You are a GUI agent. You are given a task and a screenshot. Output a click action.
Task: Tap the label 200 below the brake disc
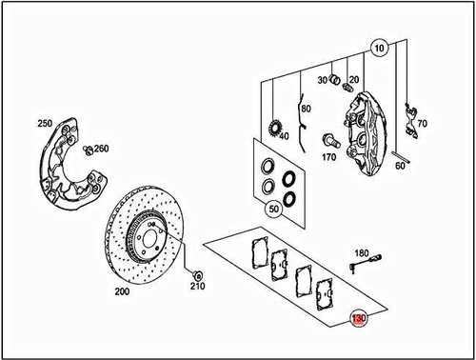coord(121,293)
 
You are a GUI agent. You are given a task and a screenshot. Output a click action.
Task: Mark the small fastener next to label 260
coord(87,150)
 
